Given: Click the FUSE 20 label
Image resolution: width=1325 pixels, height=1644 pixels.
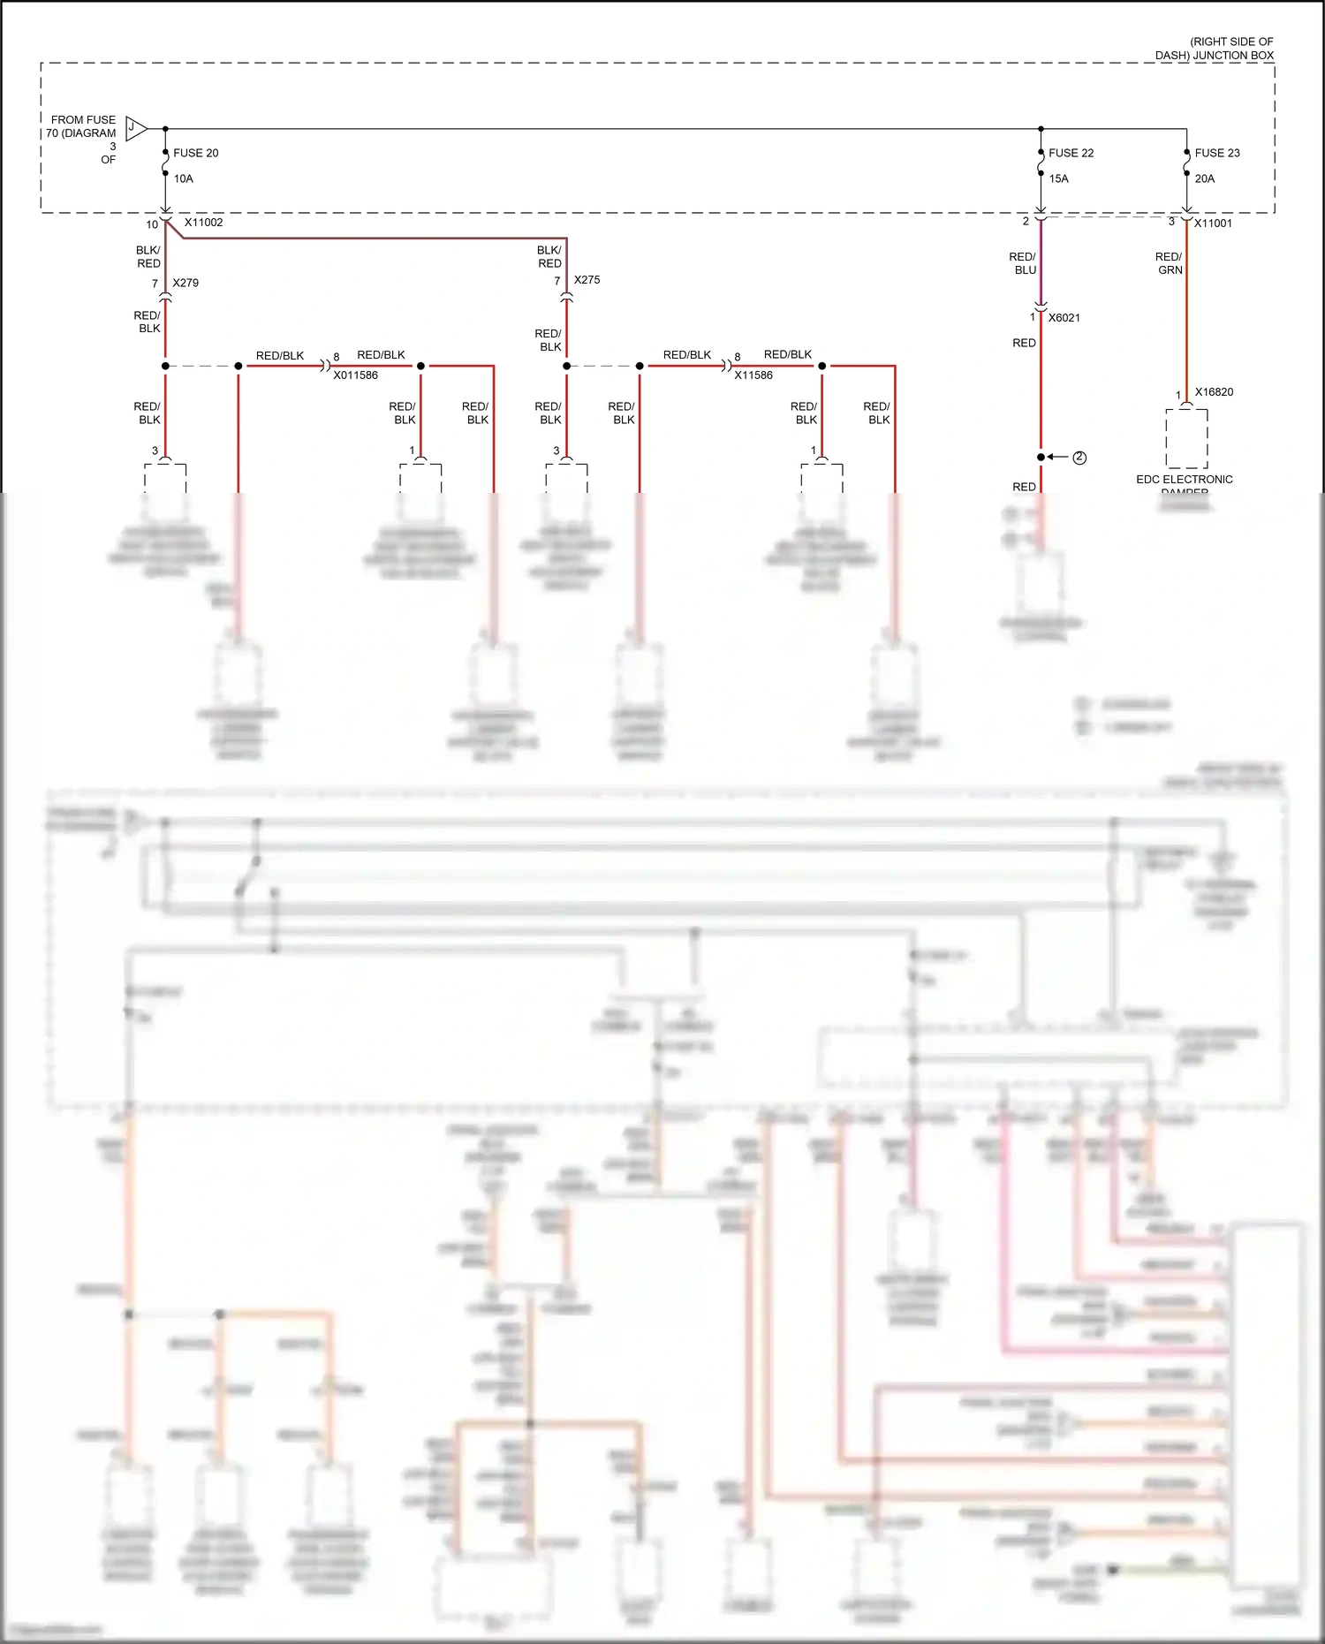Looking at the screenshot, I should [x=195, y=153].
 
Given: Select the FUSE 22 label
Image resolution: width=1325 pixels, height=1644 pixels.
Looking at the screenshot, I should [x=1071, y=153].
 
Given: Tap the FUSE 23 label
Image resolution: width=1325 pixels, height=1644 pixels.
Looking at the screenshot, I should [x=1216, y=153].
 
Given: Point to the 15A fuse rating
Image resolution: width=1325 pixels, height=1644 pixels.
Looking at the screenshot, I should [x=1058, y=178].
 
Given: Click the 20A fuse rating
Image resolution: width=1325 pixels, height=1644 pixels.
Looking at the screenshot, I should [x=1204, y=178].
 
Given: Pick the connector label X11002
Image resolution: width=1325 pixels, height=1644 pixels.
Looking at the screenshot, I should [x=203, y=223].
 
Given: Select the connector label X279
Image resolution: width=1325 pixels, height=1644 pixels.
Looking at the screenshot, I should [x=185, y=283].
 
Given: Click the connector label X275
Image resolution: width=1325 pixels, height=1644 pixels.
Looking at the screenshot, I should [x=587, y=279].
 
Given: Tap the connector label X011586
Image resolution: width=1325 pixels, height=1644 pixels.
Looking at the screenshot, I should [x=355, y=375].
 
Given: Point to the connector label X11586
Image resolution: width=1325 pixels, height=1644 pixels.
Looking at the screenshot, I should [x=753, y=375].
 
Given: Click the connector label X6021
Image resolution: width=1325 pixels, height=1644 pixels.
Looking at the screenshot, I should [x=1064, y=318].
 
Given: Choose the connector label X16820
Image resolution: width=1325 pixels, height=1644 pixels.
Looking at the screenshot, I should [x=1214, y=392].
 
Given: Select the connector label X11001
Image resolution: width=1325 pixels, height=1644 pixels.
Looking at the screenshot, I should [x=1213, y=223].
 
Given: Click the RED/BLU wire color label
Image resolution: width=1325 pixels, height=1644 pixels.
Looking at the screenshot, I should [x=1023, y=263].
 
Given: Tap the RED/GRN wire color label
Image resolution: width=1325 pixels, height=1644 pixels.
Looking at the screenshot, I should [x=1169, y=263].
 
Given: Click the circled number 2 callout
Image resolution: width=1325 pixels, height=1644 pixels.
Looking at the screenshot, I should [x=1079, y=458].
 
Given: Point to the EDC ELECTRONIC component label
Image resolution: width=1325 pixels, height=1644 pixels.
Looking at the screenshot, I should [x=1184, y=480].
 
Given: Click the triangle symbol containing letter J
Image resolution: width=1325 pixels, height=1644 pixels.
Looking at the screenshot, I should [x=135, y=129].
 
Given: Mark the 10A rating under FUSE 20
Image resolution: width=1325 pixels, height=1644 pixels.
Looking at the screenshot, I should [x=183, y=178].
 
